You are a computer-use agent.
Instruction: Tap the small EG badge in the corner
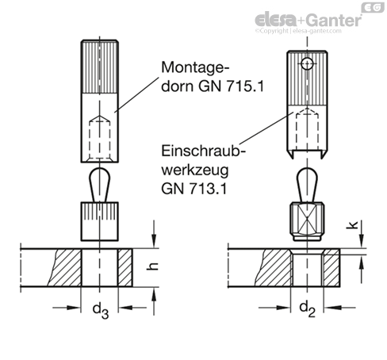[370, 7]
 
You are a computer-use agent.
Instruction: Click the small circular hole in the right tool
[305, 63]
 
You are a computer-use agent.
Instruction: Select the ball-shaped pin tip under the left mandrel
[99, 182]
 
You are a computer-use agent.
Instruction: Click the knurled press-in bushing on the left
[99, 221]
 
